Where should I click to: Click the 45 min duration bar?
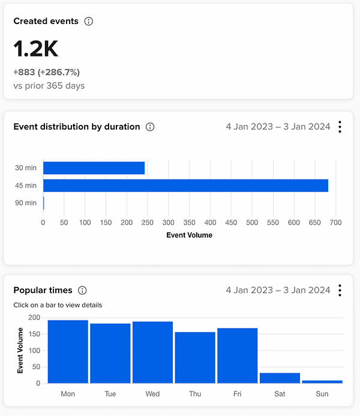(185, 185)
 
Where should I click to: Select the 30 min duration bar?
(94, 168)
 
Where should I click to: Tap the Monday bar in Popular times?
(68, 351)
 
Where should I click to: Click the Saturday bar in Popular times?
(280, 378)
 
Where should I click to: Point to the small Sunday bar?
(322, 381)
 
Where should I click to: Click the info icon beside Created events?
(89, 21)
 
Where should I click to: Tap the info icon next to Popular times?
(83, 290)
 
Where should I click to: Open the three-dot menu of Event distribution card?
(340, 127)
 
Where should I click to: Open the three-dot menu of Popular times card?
(340, 291)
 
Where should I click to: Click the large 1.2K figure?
(36, 49)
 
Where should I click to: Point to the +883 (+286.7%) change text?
(47, 73)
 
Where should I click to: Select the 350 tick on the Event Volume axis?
(189, 223)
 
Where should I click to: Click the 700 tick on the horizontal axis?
(335, 223)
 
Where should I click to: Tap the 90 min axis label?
(26, 203)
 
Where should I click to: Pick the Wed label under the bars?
(152, 394)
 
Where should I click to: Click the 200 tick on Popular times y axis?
(34, 318)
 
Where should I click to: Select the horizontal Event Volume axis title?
(189, 235)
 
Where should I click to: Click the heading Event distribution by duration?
(77, 127)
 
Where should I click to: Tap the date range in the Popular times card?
(278, 290)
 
